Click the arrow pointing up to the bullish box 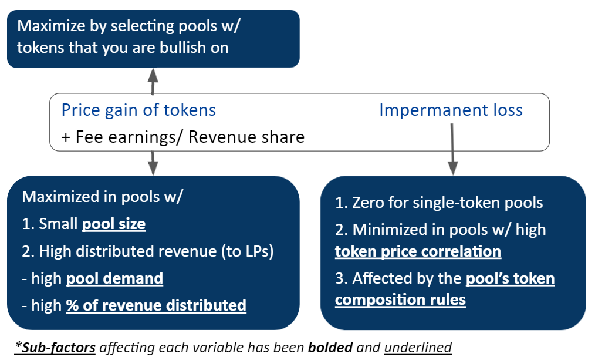point(153,81)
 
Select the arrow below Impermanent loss point(452,149)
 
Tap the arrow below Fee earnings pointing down point(153,162)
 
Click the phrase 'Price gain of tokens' point(138,110)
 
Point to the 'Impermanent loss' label point(451,110)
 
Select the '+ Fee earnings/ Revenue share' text point(183,137)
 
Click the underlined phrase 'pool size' point(113,224)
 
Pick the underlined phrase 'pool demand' point(114,278)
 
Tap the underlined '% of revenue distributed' point(156,305)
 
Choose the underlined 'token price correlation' point(418,251)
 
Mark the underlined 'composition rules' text point(400,300)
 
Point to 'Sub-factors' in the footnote point(56,348)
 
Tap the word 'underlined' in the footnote point(418,348)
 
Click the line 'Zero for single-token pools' point(439,203)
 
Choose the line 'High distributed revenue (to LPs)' point(148,251)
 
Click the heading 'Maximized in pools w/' point(103,196)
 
